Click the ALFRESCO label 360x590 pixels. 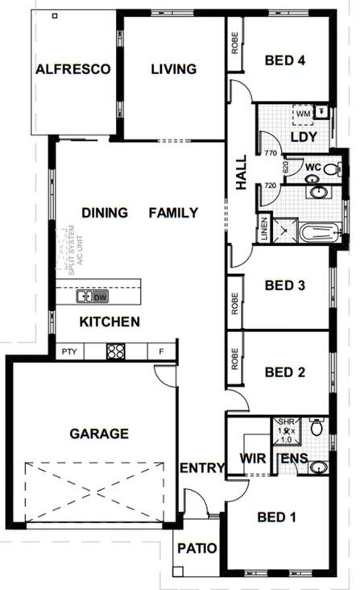(x=72, y=69)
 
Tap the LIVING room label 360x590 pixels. (x=173, y=69)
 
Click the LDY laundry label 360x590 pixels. (x=303, y=136)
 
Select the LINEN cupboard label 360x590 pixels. (x=263, y=228)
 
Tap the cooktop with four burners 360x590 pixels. (x=115, y=351)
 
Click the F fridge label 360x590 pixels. (x=161, y=351)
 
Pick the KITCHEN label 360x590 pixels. (x=110, y=322)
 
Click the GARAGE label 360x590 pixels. (x=98, y=434)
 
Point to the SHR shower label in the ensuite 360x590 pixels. (x=285, y=422)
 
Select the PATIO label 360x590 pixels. (x=197, y=549)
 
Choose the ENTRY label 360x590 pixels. (x=198, y=468)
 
